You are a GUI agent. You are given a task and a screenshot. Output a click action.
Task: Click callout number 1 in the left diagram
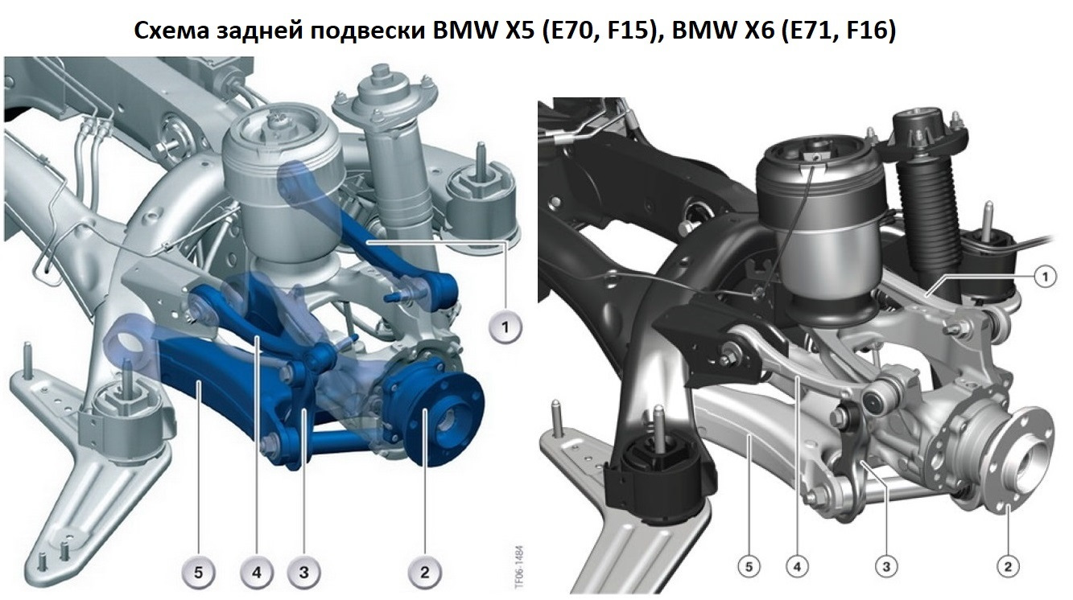point(505,327)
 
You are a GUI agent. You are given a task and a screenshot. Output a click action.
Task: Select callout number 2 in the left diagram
point(424,572)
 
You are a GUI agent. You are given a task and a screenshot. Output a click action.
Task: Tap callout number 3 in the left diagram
point(303,572)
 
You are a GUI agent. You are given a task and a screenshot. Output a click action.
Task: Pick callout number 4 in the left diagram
point(257,572)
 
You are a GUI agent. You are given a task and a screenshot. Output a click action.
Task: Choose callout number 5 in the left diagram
point(198,572)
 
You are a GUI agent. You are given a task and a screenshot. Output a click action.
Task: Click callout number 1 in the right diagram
point(1045,277)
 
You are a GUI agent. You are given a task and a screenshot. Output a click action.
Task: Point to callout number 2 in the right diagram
point(1007,567)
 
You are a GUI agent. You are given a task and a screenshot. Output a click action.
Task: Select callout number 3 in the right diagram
point(885,567)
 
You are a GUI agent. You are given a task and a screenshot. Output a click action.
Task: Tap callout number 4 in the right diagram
point(797,567)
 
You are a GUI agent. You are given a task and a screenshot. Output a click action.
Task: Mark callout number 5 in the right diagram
point(749,567)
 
